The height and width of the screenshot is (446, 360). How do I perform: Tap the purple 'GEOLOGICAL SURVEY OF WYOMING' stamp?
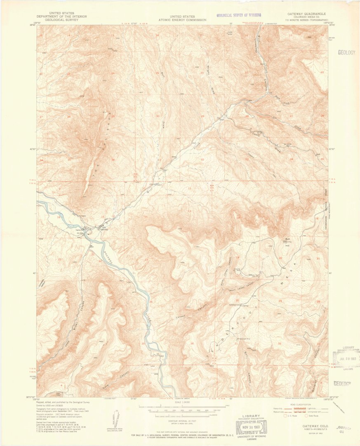[242, 15]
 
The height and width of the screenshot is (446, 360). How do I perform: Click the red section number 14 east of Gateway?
[146, 217]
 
